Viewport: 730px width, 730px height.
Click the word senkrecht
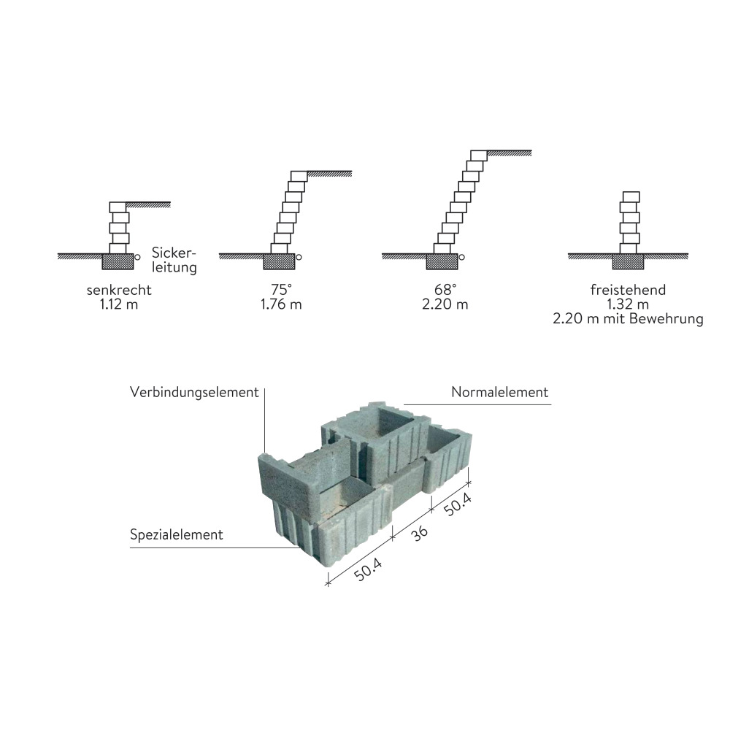[x=119, y=291]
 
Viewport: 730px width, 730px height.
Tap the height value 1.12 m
[x=119, y=304]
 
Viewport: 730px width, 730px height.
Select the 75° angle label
[x=281, y=291]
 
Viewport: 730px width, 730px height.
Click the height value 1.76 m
[x=281, y=304]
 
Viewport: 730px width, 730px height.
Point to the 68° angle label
[x=445, y=291]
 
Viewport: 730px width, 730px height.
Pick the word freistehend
[x=628, y=291]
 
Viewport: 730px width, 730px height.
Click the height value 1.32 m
[x=628, y=304]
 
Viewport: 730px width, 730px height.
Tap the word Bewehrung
[x=668, y=319]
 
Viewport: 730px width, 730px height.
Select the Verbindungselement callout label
[x=194, y=393]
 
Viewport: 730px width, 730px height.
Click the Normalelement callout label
[x=499, y=393]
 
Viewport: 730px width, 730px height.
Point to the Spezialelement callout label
[x=176, y=535]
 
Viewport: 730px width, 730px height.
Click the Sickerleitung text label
[x=174, y=261]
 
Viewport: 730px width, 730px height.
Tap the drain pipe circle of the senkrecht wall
[x=137, y=257]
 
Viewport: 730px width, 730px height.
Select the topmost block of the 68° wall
[x=478, y=155]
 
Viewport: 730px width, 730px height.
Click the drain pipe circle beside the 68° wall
[x=462, y=257]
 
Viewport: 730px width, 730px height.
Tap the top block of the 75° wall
[x=299, y=176]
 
